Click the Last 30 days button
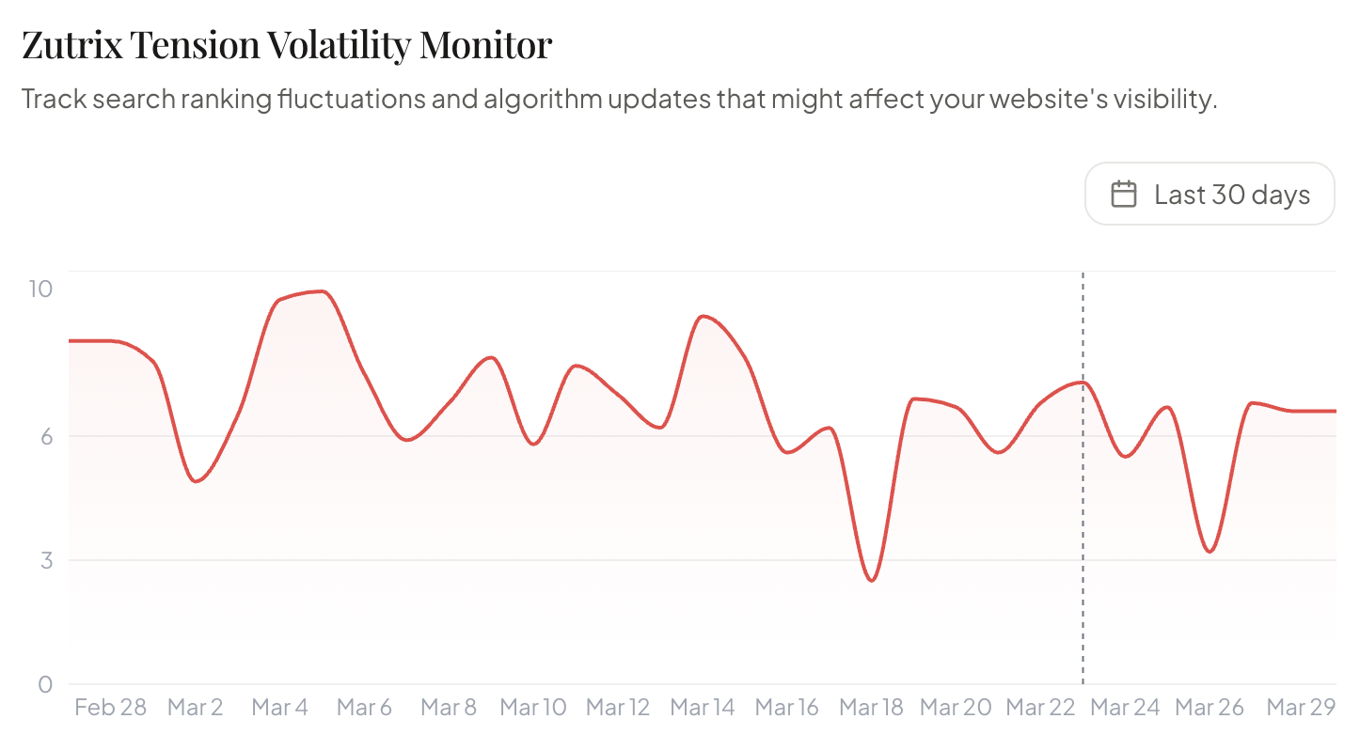pos(1210,194)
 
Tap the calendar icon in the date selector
pos(1123,195)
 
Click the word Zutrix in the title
pos(71,44)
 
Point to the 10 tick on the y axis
pos(40,289)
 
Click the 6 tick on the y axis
pos(45,436)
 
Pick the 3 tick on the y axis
pos(45,560)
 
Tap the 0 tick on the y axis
pos(45,684)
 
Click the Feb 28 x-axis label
pos(110,708)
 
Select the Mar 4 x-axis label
pos(279,708)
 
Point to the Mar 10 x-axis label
pos(533,708)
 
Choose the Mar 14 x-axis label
pos(703,708)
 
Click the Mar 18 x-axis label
pos(871,708)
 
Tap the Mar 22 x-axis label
pos(1041,708)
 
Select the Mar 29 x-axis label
pos(1301,708)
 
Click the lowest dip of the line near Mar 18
pos(872,581)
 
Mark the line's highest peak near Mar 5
pos(323,291)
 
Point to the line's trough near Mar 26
pos(1210,551)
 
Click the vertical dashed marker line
pos(1083,526)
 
